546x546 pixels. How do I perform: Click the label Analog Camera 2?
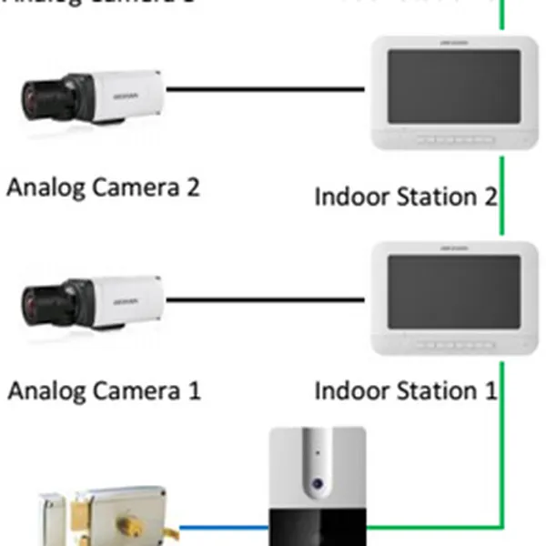coord(103,188)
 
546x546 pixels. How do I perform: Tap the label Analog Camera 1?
coord(104,391)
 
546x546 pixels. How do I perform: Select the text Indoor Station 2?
coord(406,197)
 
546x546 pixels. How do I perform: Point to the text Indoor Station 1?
coord(406,391)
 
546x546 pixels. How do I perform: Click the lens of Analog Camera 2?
coord(38,94)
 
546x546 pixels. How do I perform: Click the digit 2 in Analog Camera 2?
coord(190,188)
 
